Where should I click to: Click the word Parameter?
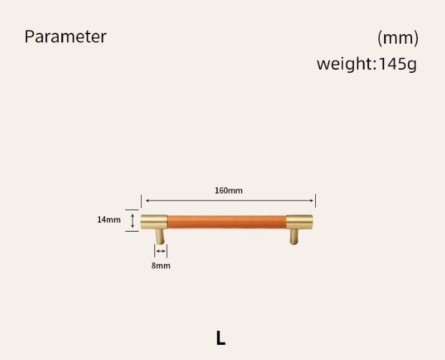click(66, 37)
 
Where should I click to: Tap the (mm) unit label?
click(398, 38)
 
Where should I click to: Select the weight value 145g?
click(398, 64)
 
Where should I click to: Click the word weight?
click(346, 64)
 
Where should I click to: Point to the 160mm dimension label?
click(229, 190)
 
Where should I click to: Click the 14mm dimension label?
click(109, 220)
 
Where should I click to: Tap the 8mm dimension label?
click(161, 266)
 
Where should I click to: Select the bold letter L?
click(221, 338)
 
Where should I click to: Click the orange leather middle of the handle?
click(227, 222)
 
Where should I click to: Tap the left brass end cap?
click(154, 222)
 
